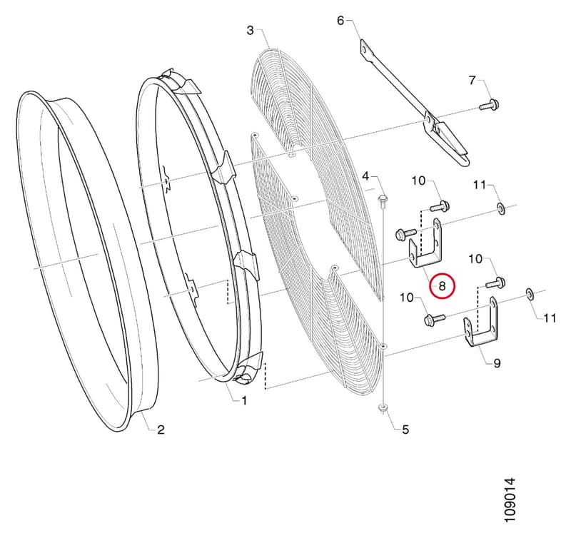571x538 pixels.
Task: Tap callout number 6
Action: pos(340,21)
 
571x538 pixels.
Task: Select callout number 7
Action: pos(472,80)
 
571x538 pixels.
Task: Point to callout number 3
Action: pos(250,30)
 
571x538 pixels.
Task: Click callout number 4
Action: pos(365,177)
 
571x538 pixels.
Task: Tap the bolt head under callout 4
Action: pos(382,200)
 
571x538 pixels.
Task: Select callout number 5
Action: pos(405,430)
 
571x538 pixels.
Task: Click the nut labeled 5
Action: pos(383,408)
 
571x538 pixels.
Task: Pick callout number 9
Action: pos(497,363)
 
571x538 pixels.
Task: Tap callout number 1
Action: pos(244,401)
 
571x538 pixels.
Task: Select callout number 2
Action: pos(161,430)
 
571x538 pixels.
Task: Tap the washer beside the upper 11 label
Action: pos(501,209)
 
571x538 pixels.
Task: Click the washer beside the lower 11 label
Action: pos(530,294)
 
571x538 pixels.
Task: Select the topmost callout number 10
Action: pos(418,181)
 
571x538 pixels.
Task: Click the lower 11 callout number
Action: pos(550,318)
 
